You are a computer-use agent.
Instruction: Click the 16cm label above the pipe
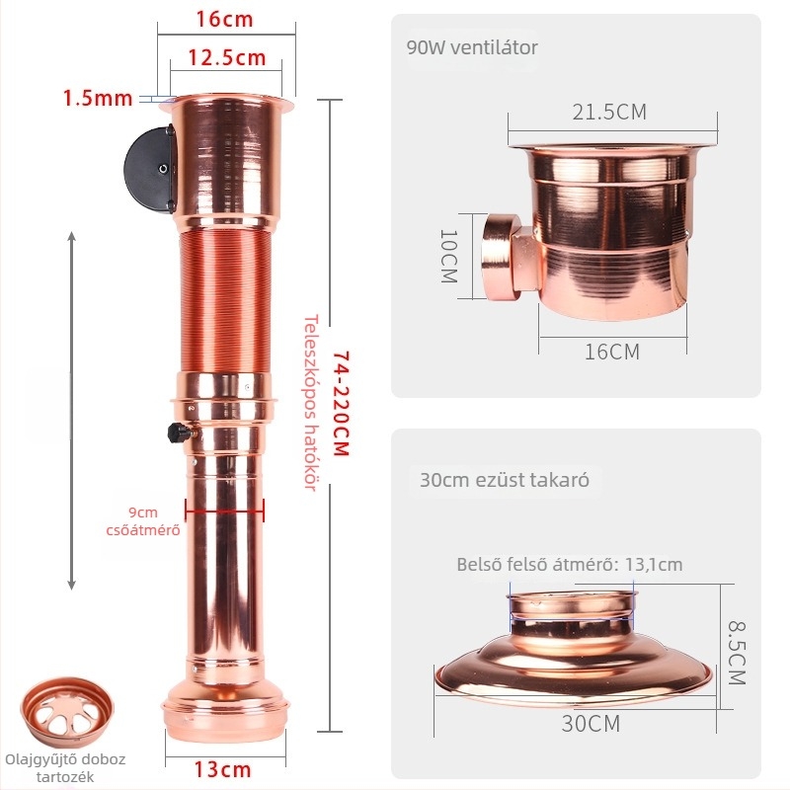[224, 19]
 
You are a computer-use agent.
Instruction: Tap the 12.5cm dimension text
[227, 57]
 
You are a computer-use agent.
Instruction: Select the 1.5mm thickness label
[98, 98]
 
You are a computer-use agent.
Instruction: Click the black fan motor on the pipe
[150, 170]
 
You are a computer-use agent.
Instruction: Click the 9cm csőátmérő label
[143, 521]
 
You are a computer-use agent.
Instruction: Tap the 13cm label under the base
[223, 769]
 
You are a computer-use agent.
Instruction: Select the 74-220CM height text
[341, 403]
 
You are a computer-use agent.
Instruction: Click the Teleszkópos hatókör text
[311, 403]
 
